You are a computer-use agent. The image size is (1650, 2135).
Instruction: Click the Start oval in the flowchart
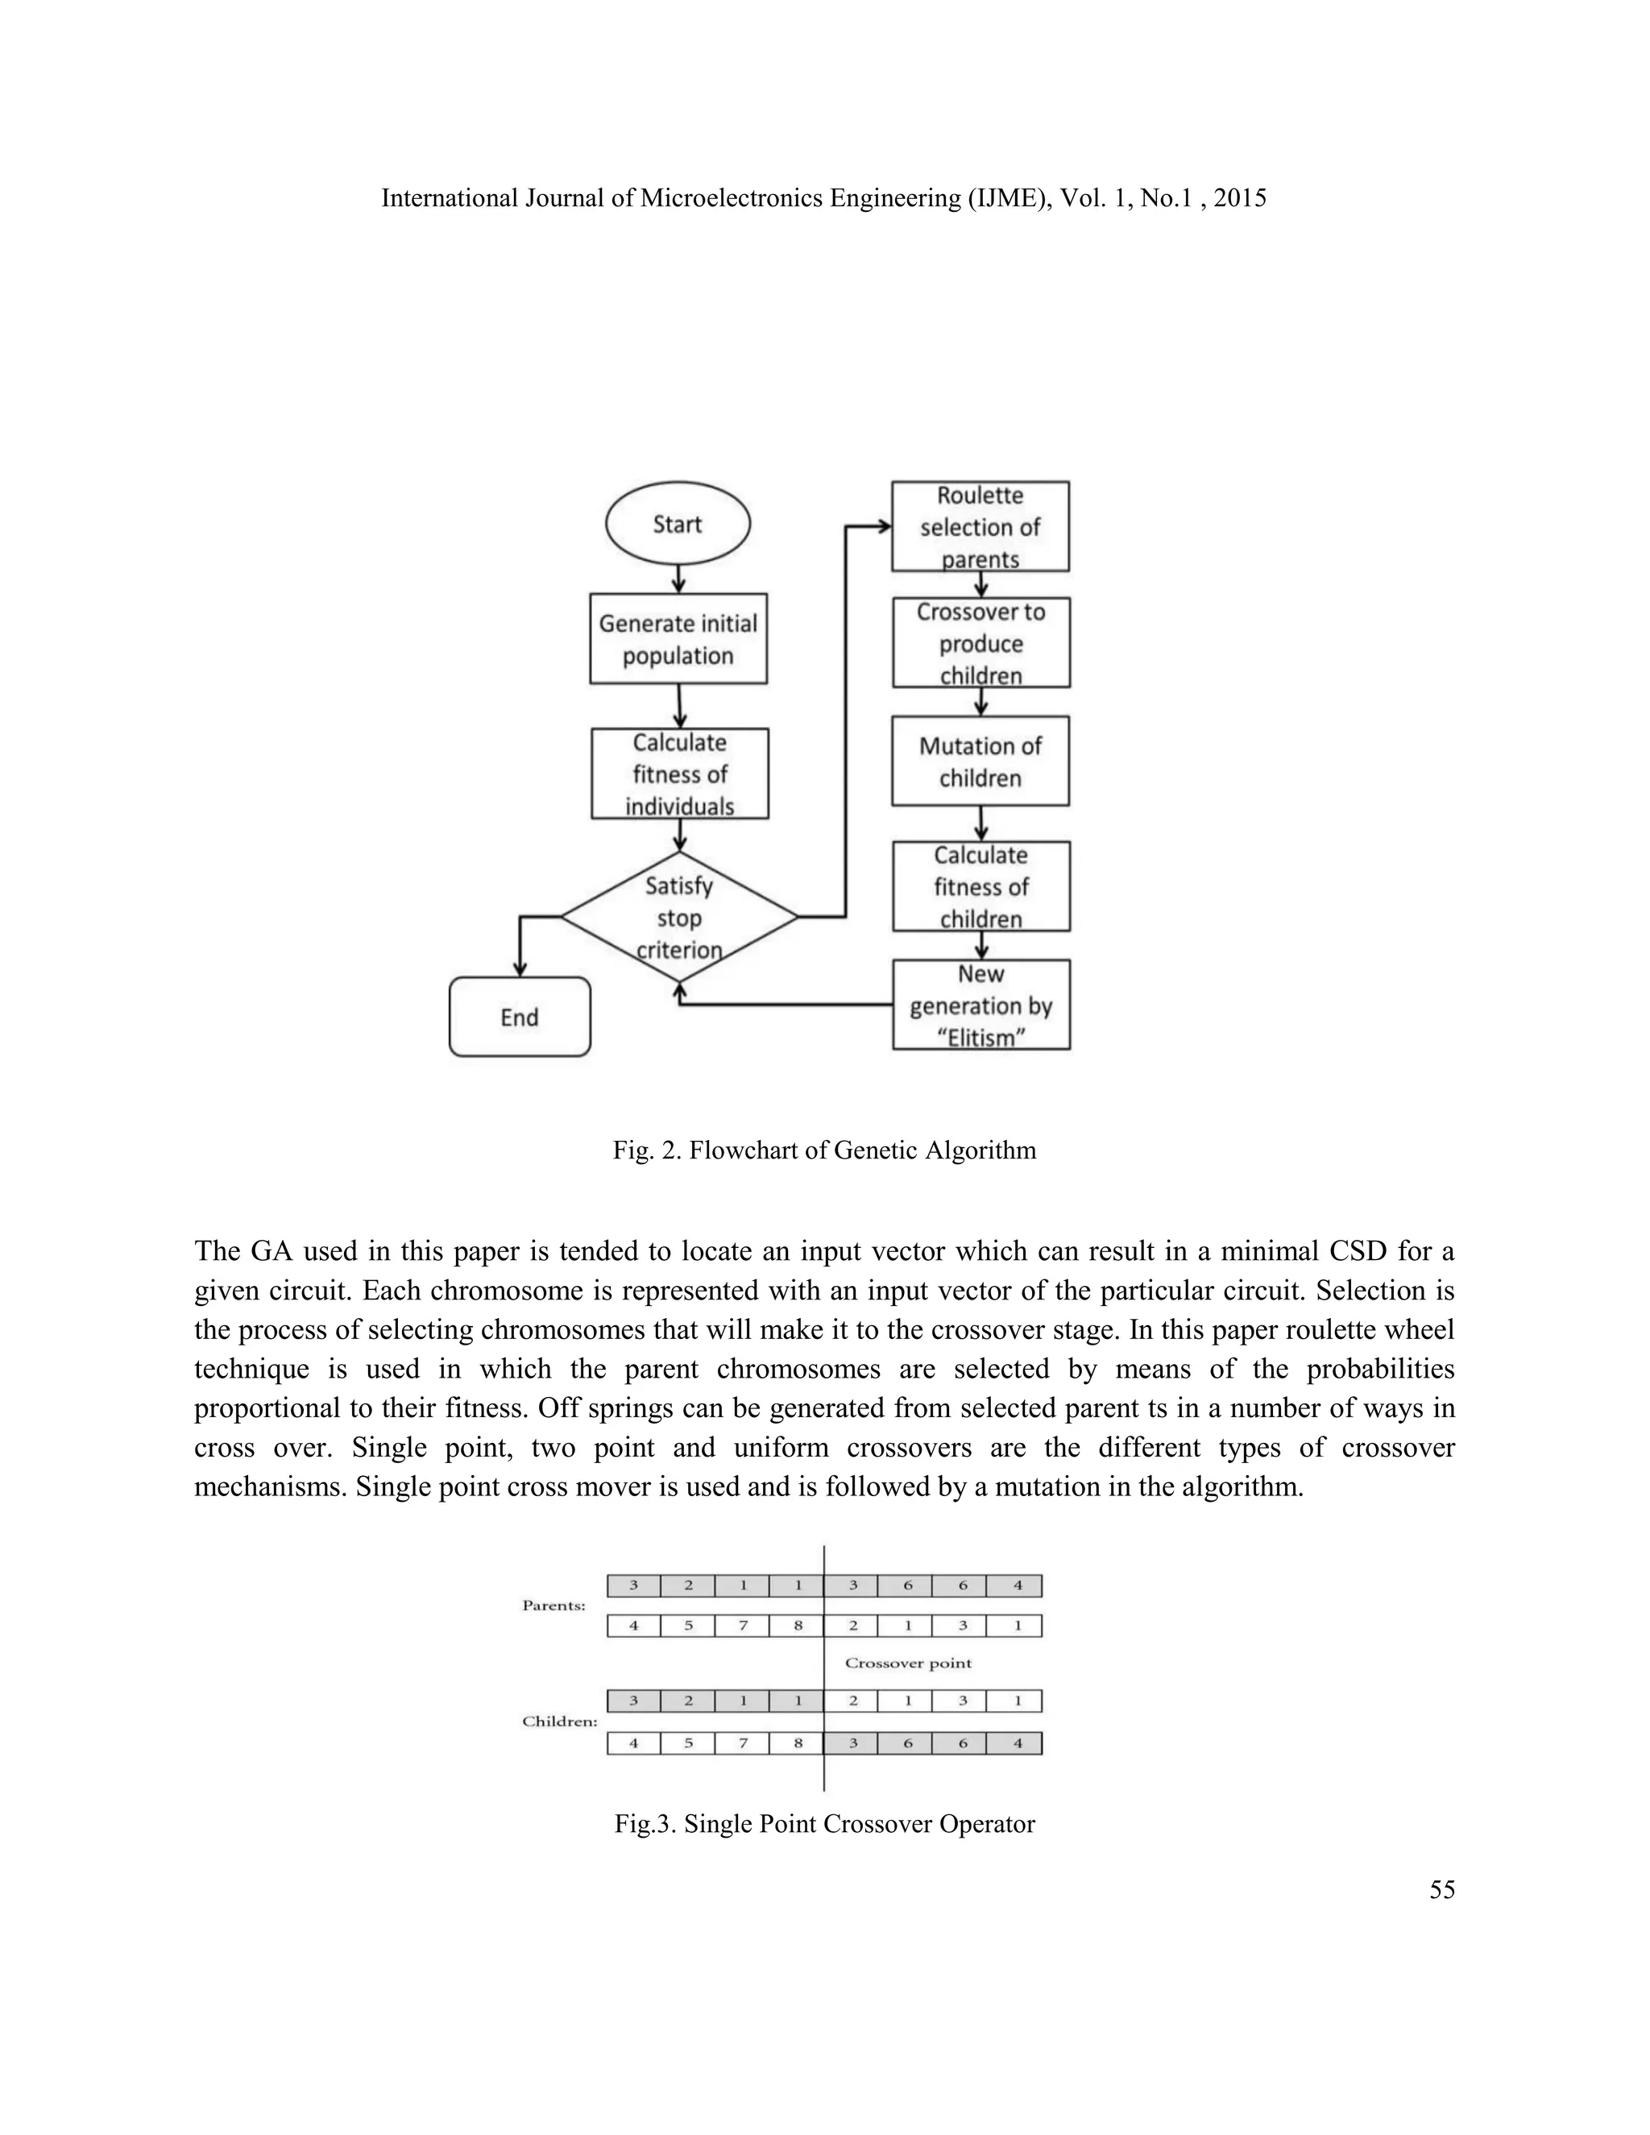coord(678,524)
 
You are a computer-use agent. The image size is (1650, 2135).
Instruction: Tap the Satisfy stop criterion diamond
coord(678,917)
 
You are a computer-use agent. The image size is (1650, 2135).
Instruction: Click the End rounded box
coord(519,1017)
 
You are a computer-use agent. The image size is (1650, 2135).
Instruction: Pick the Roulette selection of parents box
coord(980,526)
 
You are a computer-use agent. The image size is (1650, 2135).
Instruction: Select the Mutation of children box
coord(980,761)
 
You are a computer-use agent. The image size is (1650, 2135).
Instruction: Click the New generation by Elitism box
coord(980,1005)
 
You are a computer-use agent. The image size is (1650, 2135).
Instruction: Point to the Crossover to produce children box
coord(980,643)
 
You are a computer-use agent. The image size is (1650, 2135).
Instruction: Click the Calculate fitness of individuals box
coord(679,773)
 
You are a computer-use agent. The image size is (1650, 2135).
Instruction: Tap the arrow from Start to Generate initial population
coord(678,578)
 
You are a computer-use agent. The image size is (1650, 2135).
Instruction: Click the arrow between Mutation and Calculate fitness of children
coord(981,823)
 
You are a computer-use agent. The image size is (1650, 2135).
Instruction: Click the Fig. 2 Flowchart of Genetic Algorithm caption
coord(824,1150)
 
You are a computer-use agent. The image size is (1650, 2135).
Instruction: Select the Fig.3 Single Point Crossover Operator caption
coord(824,1824)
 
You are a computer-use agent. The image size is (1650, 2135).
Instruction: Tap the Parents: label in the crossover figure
coord(553,1605)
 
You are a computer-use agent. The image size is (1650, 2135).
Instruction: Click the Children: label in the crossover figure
coord(559,1722)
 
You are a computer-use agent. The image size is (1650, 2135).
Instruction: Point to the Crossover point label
coord(908,1663)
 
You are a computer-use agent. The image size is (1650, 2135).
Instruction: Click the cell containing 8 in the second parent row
coord(798,1626)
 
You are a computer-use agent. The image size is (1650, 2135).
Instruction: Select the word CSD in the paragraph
coord(1358,1251)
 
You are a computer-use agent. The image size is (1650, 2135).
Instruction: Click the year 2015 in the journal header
coord(1239,198)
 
